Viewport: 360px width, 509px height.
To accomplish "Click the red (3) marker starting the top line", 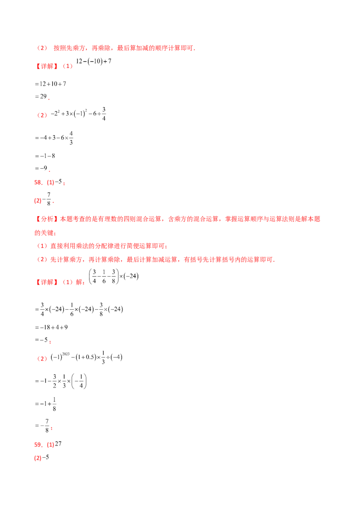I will [x=42, y=48].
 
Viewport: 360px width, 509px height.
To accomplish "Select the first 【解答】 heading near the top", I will [x=47, y=67].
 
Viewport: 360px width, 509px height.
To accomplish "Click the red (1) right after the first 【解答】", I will [x=67, y=67].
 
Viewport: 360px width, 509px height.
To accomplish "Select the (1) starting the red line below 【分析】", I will [x=42, y=246].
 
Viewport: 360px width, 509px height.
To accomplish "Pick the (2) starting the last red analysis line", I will [x=42, y=259].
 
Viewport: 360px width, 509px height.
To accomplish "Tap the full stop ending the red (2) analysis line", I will [x=275, y=260].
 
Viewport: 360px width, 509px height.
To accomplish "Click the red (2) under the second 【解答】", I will [x=42, y=358].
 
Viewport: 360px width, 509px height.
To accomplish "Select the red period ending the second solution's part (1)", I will [x=51, y=343].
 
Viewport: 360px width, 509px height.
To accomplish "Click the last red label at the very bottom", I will [x=38, y=459].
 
